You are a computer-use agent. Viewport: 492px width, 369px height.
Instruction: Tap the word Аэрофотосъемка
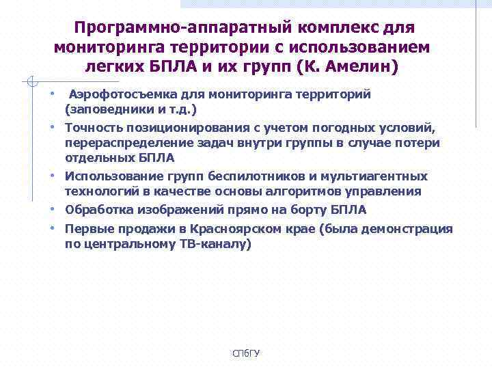pyautogui.click(x=120, y=94)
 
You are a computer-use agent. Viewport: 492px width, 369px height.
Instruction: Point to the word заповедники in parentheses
pyautogui.click(x=104, y=109)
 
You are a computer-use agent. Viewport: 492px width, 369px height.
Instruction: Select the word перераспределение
pyautogui.click(x=134, y=143)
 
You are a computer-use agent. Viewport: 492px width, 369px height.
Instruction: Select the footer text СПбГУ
pyautogui.click(x=246, y=353)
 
